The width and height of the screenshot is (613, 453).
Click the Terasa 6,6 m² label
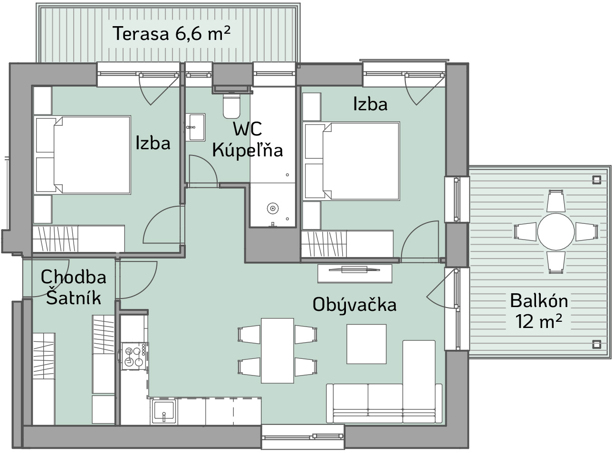coord(172,33)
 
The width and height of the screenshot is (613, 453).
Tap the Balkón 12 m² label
coord(539,311)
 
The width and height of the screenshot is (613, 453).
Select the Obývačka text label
coord(354,305)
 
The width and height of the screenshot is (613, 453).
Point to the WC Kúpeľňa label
coord(248,140)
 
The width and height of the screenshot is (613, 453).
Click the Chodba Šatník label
coord(74,287)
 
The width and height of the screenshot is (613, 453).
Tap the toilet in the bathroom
coord(231,106)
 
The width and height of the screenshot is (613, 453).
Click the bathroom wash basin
coord(195,127)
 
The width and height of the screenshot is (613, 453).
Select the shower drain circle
coord(272,209)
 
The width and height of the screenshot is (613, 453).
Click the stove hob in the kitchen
coord(134,356)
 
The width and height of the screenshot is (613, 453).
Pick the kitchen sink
coord(163,412)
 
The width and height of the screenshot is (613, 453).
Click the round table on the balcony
coord(556,232)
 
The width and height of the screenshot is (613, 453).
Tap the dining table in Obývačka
coord(277,351)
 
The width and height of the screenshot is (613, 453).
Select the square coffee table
coord(366,344)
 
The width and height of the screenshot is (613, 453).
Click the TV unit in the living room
coord(355,273)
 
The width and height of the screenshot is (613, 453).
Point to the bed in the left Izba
coord(82,154)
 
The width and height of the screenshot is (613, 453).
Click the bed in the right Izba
coord(351,161)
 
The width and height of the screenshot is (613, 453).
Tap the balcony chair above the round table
coord(556,201)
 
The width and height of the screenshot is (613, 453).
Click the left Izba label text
coord(153,143)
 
